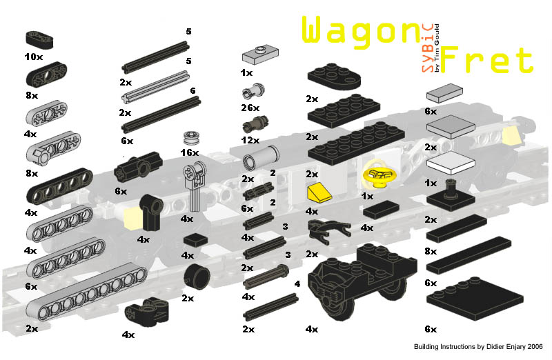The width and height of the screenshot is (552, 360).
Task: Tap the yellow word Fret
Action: coord(487,61)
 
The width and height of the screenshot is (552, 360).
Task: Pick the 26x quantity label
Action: coord(250,108)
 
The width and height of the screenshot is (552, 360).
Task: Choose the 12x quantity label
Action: coord(250,140)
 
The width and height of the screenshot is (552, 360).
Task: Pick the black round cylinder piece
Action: coord(197,279)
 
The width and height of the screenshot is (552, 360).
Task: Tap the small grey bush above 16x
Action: coord(192,137)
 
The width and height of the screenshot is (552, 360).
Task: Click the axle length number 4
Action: coord(296,283)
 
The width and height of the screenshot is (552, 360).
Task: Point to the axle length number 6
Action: coord(193,91)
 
